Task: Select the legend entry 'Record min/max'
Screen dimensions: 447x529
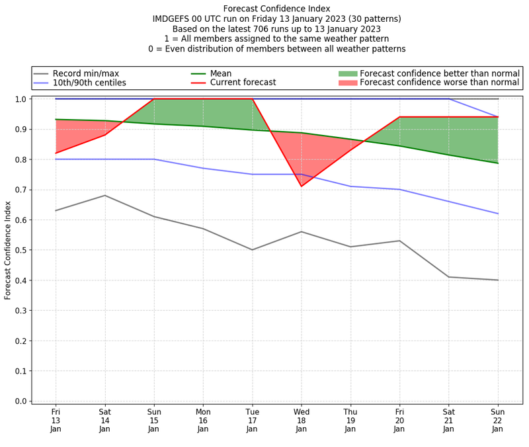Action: (86, 73)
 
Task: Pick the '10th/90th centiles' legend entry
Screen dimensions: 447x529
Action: (89, 83)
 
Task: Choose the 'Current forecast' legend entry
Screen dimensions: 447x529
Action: (243, 83)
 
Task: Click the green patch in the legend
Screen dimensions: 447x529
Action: (347, 73)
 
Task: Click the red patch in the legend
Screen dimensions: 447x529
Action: (347, 83)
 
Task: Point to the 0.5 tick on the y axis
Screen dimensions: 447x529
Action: (21, 250)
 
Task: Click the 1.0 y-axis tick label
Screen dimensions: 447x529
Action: (21, 99)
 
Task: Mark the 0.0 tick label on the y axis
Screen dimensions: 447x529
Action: (21, 401)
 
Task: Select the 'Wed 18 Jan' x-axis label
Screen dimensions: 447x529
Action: (302, 420)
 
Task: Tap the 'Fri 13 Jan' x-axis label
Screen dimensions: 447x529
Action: (56, 420)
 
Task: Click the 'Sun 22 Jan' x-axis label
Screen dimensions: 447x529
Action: (498, 420)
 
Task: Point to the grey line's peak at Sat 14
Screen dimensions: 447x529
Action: (104, 195)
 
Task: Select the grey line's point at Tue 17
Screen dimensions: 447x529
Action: (252, 250)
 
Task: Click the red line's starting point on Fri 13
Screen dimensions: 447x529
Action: (56, 153)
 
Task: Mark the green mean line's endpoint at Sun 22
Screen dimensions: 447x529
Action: (498, 163)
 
